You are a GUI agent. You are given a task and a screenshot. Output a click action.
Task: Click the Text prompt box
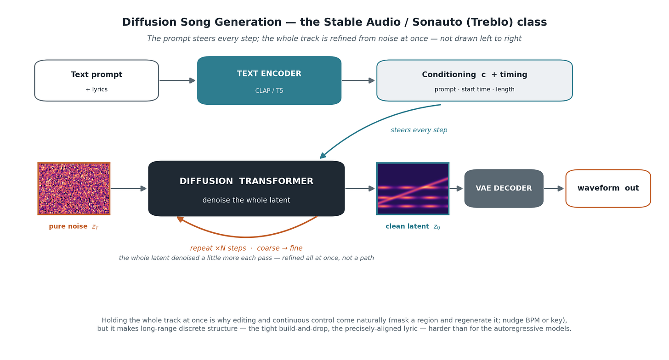coord(96,80)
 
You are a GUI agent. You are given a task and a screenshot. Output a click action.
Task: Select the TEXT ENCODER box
coord(269,80)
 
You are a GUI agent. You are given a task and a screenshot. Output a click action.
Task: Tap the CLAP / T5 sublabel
coord(269,91)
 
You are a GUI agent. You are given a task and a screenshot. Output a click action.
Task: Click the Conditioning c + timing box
coord(474,80)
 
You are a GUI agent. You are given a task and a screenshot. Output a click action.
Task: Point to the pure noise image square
coord(74,189)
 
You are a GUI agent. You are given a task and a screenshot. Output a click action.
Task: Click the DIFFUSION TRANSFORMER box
coord(246,189)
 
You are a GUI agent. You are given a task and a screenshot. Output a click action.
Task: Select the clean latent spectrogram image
coord(413,189)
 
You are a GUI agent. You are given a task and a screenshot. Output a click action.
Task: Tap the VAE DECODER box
coord(504,189)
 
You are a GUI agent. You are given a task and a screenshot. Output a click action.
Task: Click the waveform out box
coord(608,189)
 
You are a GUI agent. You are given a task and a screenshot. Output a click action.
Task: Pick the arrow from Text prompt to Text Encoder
coord(177,80)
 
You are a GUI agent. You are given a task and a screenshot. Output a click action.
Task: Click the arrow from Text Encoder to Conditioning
coord(358,80)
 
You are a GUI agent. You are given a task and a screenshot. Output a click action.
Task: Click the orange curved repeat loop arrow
coord(246,237)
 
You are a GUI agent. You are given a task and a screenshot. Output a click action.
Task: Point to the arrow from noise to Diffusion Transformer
coord(129,189)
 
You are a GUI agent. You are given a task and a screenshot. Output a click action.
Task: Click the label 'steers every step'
coord(419,130)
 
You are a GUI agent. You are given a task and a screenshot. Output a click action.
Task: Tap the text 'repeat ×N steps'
coord(218,248)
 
